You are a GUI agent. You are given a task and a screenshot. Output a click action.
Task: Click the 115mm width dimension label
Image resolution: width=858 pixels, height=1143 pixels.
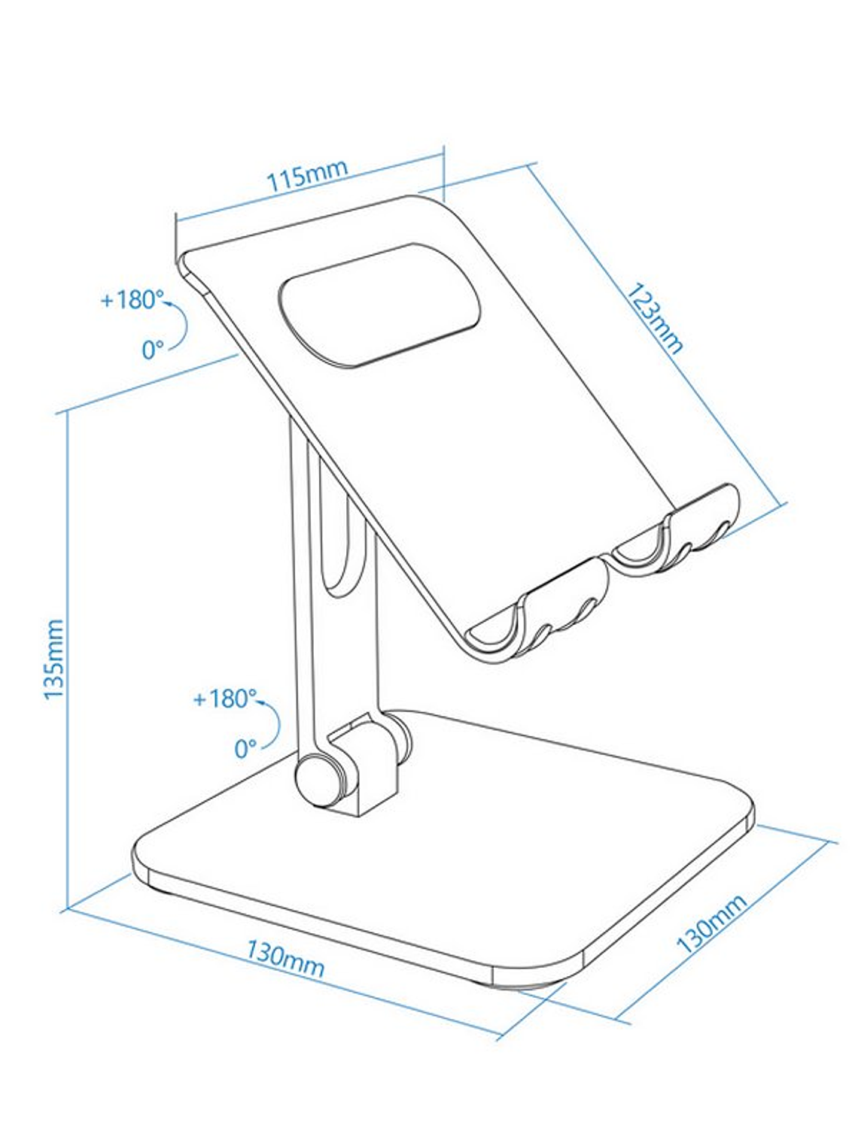tap(307, 174)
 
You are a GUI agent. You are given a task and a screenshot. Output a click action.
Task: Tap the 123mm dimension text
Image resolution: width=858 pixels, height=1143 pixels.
tap(656, 318)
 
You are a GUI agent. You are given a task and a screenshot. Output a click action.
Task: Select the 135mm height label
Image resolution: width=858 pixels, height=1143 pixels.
tap(53, 659)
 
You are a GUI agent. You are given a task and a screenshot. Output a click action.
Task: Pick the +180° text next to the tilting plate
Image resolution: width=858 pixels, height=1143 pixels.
tap(132, 299)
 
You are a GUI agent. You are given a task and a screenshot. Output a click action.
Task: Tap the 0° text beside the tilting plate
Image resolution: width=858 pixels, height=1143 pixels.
tap(153, 350)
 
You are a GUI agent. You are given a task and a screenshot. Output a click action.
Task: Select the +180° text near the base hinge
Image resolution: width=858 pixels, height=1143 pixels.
tap(225, 699)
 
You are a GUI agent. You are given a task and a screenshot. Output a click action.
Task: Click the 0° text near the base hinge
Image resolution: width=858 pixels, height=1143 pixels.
tap(245, 749)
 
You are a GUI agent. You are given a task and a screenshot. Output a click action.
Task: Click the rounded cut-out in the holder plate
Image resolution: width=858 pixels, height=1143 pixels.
tap(379, 305)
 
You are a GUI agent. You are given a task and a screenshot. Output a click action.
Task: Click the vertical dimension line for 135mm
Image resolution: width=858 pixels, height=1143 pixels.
tap(68, 659)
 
